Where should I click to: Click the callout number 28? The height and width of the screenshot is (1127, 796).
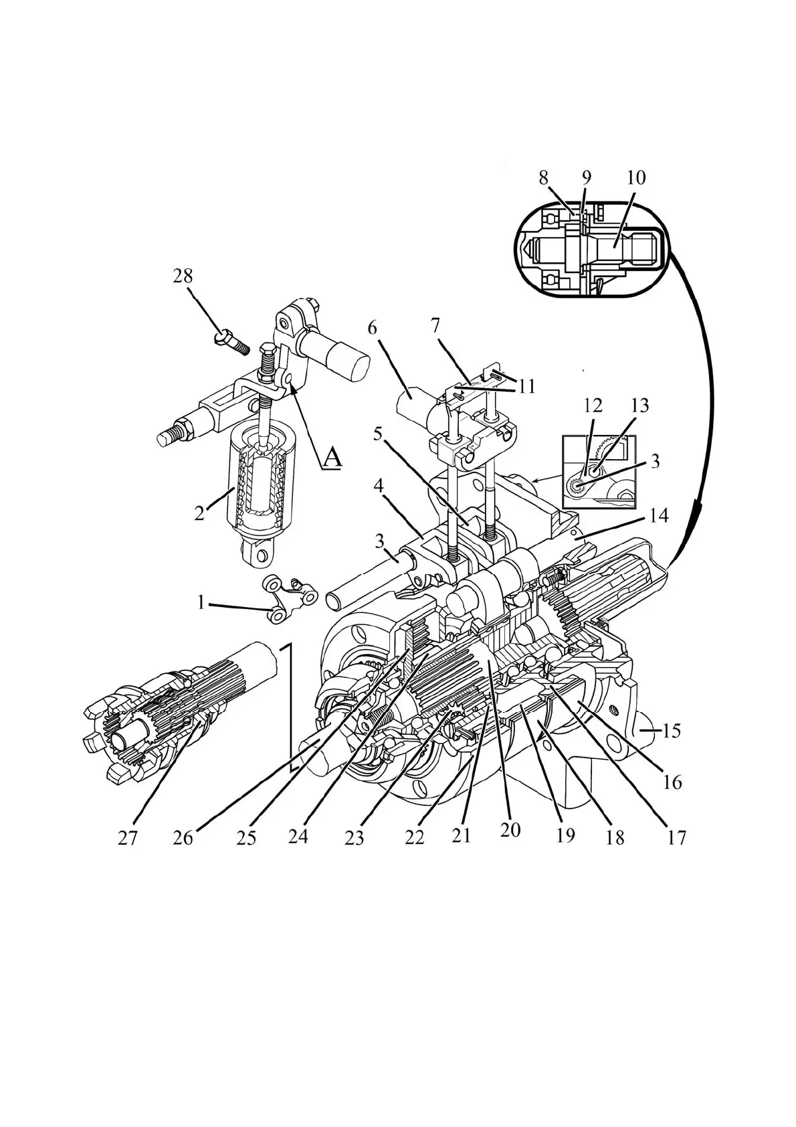pos(183,276)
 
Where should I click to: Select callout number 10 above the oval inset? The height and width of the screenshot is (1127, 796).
pos(636,178)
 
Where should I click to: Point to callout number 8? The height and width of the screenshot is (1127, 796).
pos(543,178)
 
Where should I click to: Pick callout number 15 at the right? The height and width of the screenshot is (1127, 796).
pos(671,731)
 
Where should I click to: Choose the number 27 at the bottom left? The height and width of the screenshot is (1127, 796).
pos(128,838)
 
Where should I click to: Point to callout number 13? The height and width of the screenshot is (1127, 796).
pos(639,406)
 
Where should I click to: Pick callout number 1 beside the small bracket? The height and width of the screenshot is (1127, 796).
pos(200,603)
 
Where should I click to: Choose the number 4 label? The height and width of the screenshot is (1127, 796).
pos(378,485)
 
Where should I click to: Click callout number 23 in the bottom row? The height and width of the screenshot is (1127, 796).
pos(354,838)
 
